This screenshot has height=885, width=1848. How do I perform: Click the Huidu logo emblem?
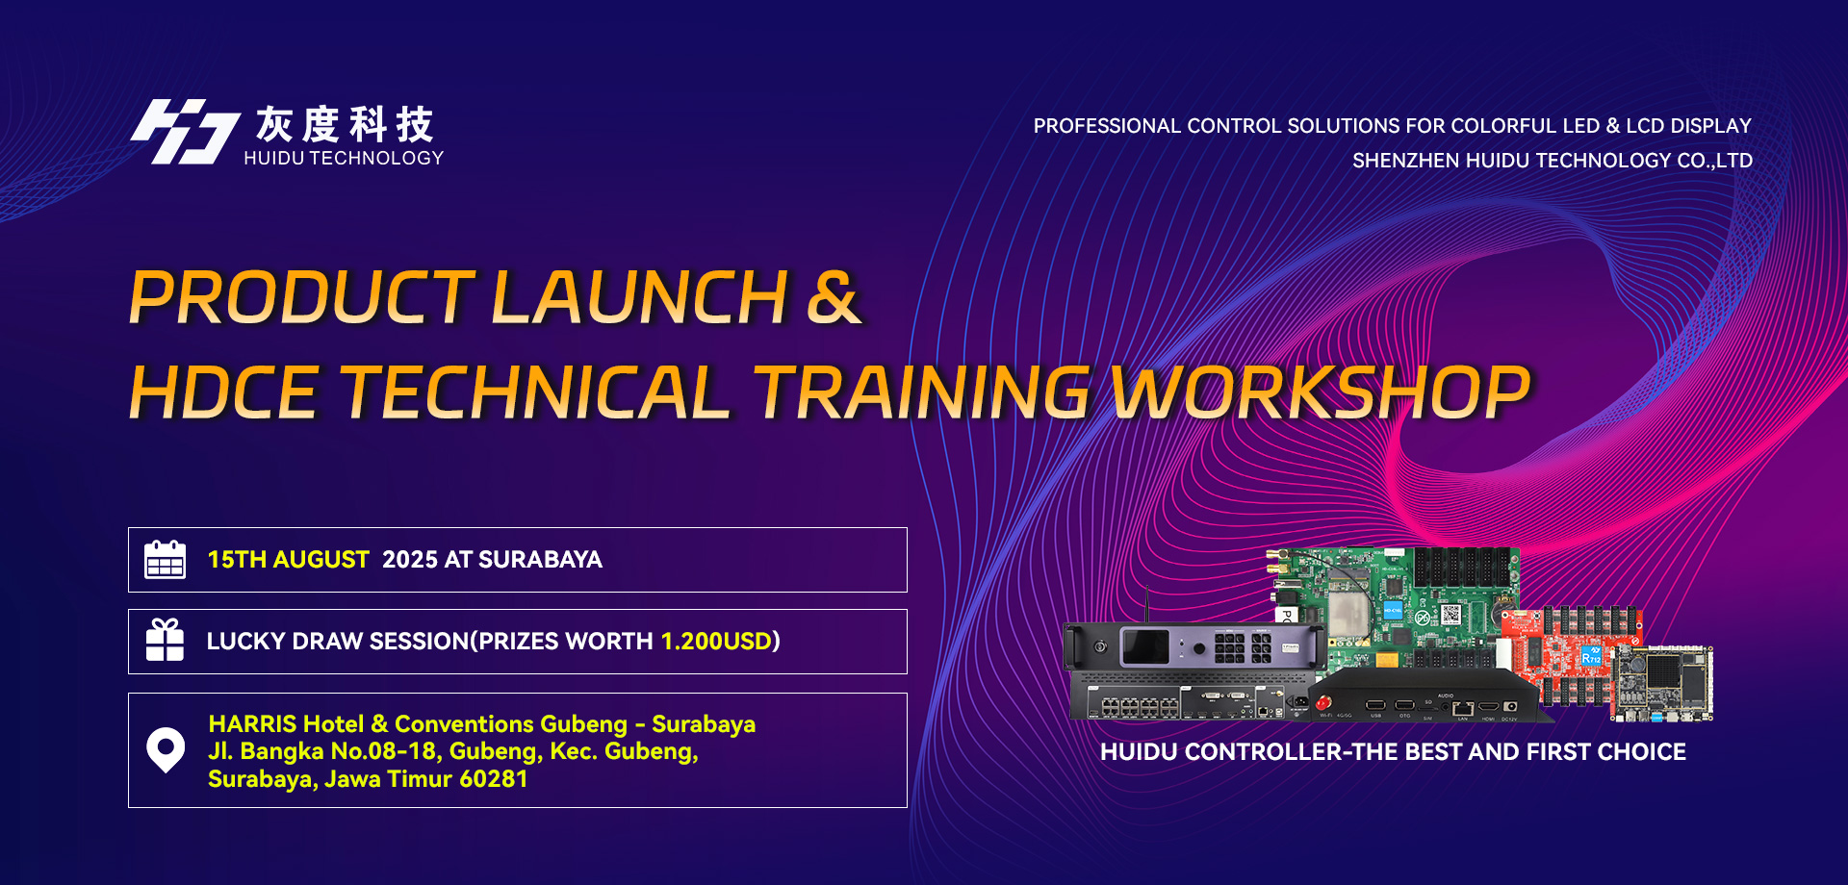[x=185, y=132]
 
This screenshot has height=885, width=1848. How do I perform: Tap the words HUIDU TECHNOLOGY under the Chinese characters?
[x=344, y=158]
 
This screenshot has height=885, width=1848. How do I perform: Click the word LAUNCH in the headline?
[x=640, y=296]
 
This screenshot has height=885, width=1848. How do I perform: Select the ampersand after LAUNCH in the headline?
[x=833, y=296]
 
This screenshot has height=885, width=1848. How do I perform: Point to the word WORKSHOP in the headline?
[x=1321, y=392]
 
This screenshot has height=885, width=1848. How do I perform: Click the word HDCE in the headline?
[x=224, y=392]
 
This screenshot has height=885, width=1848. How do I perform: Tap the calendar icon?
[x=165, y=559]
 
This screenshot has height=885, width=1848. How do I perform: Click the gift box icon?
[x=165, y=641]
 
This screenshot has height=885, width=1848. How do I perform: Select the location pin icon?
[x=166, y=749]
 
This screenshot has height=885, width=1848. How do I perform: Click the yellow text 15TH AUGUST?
[x=288, y=560]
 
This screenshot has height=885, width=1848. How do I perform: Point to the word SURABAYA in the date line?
[x=540, y=560]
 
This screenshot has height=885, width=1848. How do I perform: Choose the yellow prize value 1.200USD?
[x=716, y=642]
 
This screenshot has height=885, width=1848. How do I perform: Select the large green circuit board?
[x=1396, y=606]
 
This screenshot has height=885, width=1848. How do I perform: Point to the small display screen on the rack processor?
[x=1145, y=646]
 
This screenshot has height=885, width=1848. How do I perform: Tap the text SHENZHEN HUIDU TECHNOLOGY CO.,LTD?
[x=1553, y=161]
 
